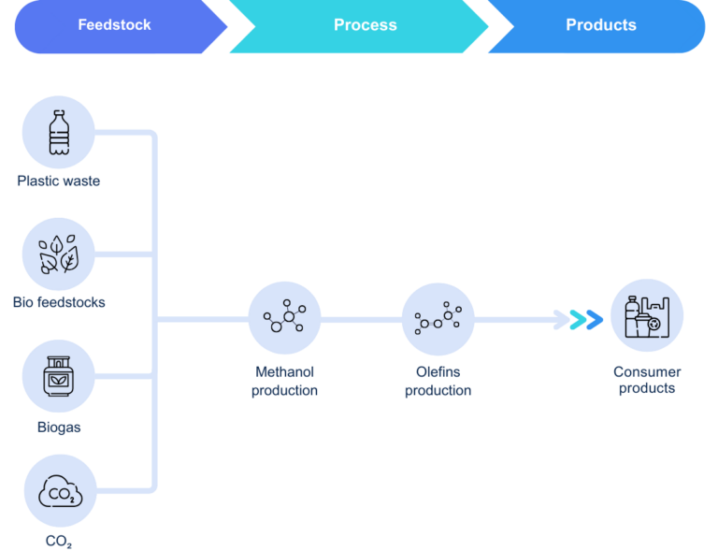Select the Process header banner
tap(365, 26)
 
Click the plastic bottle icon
tap(59, 132)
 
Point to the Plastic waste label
tap(59, 181)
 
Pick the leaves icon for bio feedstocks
tap(59, 254)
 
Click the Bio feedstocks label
tap(59, 303)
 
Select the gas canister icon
tap(59, 376)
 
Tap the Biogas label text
tap(59, 428)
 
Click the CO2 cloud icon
tap(59, 490)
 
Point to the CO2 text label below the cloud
tap(59, 542)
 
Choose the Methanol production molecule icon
tap(284, 319)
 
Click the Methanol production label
tap(284, 382)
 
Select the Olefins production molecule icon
tap(438, 319)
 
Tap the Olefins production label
tap(438, 382)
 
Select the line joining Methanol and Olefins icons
tap(361, 320)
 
